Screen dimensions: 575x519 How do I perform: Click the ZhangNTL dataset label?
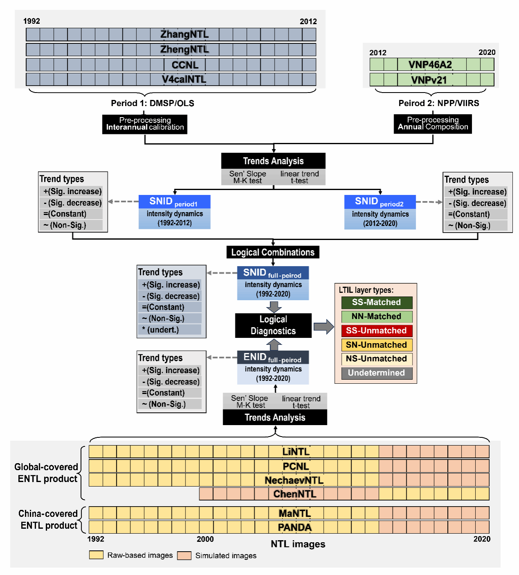click(x=185, y=34)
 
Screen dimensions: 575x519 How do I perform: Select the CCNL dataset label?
click(x=185, y=65)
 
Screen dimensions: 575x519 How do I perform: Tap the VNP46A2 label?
click(x=430, y=65)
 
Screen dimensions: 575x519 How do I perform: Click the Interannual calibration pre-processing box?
click(x=145, y=124)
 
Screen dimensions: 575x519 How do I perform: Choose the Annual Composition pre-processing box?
click(x=433, y=124)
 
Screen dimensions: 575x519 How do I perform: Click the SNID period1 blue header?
click(x=174, y=201)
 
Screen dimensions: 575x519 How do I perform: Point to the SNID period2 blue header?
click(x=380, y=201)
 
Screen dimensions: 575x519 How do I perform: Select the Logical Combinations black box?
click(x=273, y=252)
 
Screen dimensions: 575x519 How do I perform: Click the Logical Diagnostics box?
click(x=273, y=326)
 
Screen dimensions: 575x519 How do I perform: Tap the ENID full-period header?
click(x=273, y=358)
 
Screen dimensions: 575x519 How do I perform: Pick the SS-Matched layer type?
click(x=377, y=303)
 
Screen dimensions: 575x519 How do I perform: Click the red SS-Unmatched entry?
click(x=377, y=331)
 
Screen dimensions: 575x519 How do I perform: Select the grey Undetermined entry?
click(x=377, y=373)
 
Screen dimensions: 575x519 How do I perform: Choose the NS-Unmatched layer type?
click(x=377, y=359)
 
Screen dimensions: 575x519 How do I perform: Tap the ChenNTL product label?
click(x=295, y=494)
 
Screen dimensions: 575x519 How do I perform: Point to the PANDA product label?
click(x=295, y=527)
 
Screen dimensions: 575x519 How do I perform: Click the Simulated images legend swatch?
click(x=184, y=555)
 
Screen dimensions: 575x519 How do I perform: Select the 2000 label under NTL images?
click(x=205, y=539)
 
